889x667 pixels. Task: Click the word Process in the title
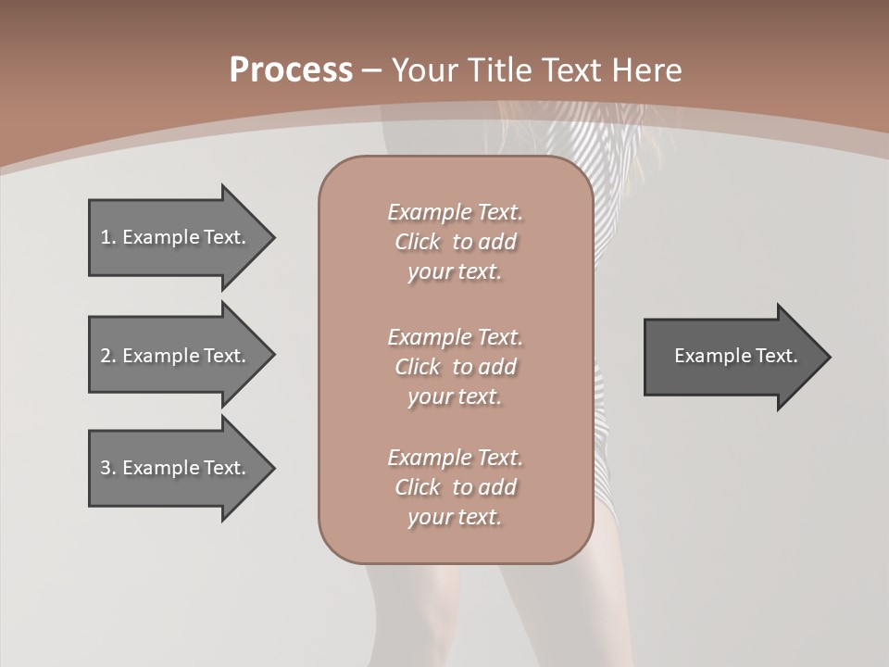pyautogui.click(x=291, y=70)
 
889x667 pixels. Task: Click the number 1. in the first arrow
pyautogui.click(x=108, y=237)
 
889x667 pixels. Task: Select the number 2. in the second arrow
pyautogui.click(x=108, y=356)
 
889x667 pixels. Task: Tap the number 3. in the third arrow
pyautogui.click(x=108, y=468)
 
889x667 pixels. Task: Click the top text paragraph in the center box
pyautogui.click(x=455, y=242)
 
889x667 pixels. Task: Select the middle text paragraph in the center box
pyautogui.click(x=455, y=367)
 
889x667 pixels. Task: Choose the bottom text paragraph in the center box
pyautogui.click(x=455, y=487)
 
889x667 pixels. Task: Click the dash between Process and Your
pyautogui.click(x=372, y=70)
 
